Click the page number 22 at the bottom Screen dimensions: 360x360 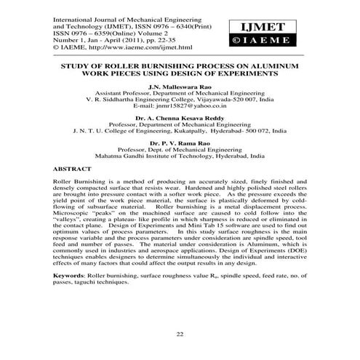click(180, 333)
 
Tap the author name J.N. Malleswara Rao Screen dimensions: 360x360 click(180, 86)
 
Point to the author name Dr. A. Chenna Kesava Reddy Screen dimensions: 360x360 click(180, 117)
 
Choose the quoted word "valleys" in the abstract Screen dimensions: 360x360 click(69, 229)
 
